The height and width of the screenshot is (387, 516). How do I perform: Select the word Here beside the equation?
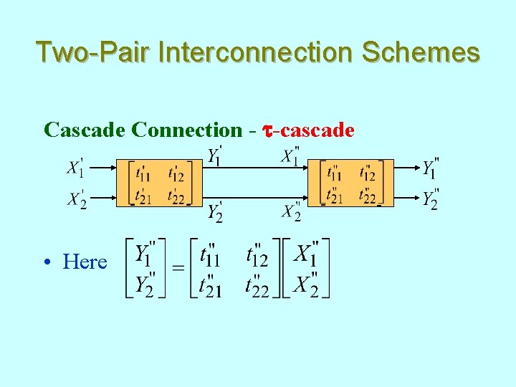85,262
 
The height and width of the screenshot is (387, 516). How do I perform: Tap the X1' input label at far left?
76,168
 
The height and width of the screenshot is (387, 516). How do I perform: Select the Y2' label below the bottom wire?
214,211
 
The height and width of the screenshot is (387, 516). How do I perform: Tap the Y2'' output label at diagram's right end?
430,199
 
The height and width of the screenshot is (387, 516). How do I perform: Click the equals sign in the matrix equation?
178,268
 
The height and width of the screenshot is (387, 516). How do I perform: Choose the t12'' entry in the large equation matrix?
257,254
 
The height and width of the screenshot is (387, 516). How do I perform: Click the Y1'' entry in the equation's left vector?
145,252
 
